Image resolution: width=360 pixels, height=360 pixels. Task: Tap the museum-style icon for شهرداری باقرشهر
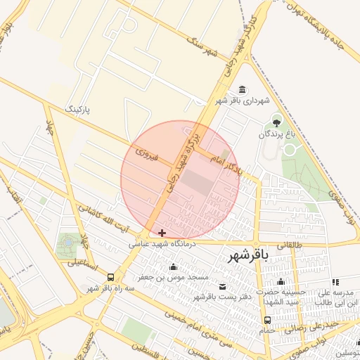(x=243, y=89)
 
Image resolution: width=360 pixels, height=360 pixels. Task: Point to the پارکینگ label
(x=78, y=110)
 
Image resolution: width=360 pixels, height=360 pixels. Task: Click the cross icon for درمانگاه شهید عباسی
(x=162, y=233)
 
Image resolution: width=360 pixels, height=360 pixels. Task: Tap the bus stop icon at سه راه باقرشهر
(x=110, y=277)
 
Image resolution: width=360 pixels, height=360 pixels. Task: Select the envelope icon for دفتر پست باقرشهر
(x=223, y=286)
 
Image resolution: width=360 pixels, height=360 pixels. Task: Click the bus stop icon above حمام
(x=266, y=320)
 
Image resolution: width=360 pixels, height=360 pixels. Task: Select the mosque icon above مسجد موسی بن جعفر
(x=174, y=266)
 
